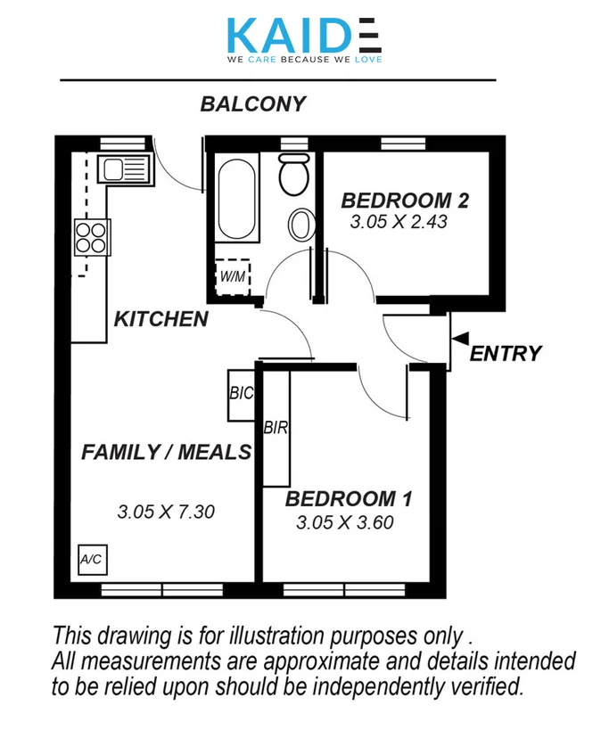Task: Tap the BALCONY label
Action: [x=252, y=104]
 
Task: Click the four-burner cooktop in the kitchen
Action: [x=92, y=238]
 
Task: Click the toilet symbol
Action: [x=294, y=174]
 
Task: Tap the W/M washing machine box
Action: [x=232, y=277]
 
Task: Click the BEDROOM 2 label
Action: [x=405, y=200]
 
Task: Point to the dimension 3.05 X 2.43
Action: [x=398, y=222]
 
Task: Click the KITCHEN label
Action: [x=160, y=319]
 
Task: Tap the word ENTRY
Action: [x=506, y=354]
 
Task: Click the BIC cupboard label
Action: [x=242, y=393]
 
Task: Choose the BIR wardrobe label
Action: [x=276, y=428]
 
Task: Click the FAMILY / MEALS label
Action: [x=167, y=453]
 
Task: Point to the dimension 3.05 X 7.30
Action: [x=166, y=513]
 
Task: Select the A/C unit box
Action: [x=91, y=560]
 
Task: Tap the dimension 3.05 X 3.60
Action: [x=344, y=523]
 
